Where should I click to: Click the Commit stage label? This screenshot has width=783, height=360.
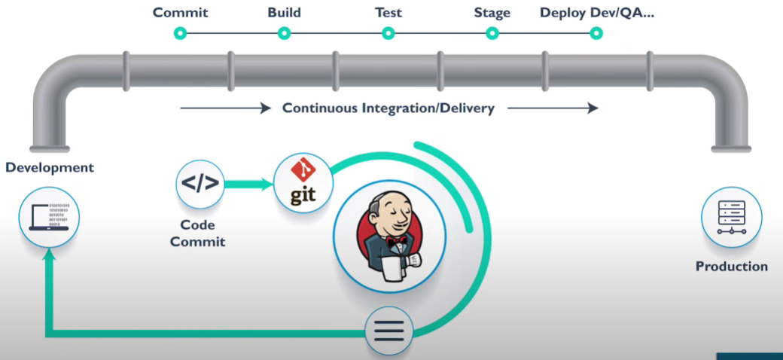click(180, 13)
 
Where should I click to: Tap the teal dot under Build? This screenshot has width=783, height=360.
click(284, 33)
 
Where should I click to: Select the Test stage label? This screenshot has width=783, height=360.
click(388, 13)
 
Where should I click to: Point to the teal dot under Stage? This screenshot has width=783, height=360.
click(492, 33)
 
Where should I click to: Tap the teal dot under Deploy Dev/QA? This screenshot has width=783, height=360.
click(596, 33)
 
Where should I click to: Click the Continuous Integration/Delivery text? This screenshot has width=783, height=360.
click(388, 108)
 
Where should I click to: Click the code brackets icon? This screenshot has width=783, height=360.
click(200, 184)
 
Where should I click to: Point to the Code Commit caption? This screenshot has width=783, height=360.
click(197, 233)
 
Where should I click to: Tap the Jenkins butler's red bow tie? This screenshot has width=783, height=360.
click(397, 242)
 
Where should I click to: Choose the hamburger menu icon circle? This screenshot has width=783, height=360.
click(389, 331)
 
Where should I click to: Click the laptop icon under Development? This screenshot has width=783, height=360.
click(50, 218)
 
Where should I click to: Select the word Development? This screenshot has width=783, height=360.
click(50, 167)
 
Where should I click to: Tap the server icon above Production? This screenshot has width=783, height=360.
click(731, 217)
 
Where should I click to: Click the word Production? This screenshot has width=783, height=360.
click(731, 267)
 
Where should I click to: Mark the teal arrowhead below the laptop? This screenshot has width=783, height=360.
click(50, 256)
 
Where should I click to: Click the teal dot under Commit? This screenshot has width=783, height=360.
click(180, 33)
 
